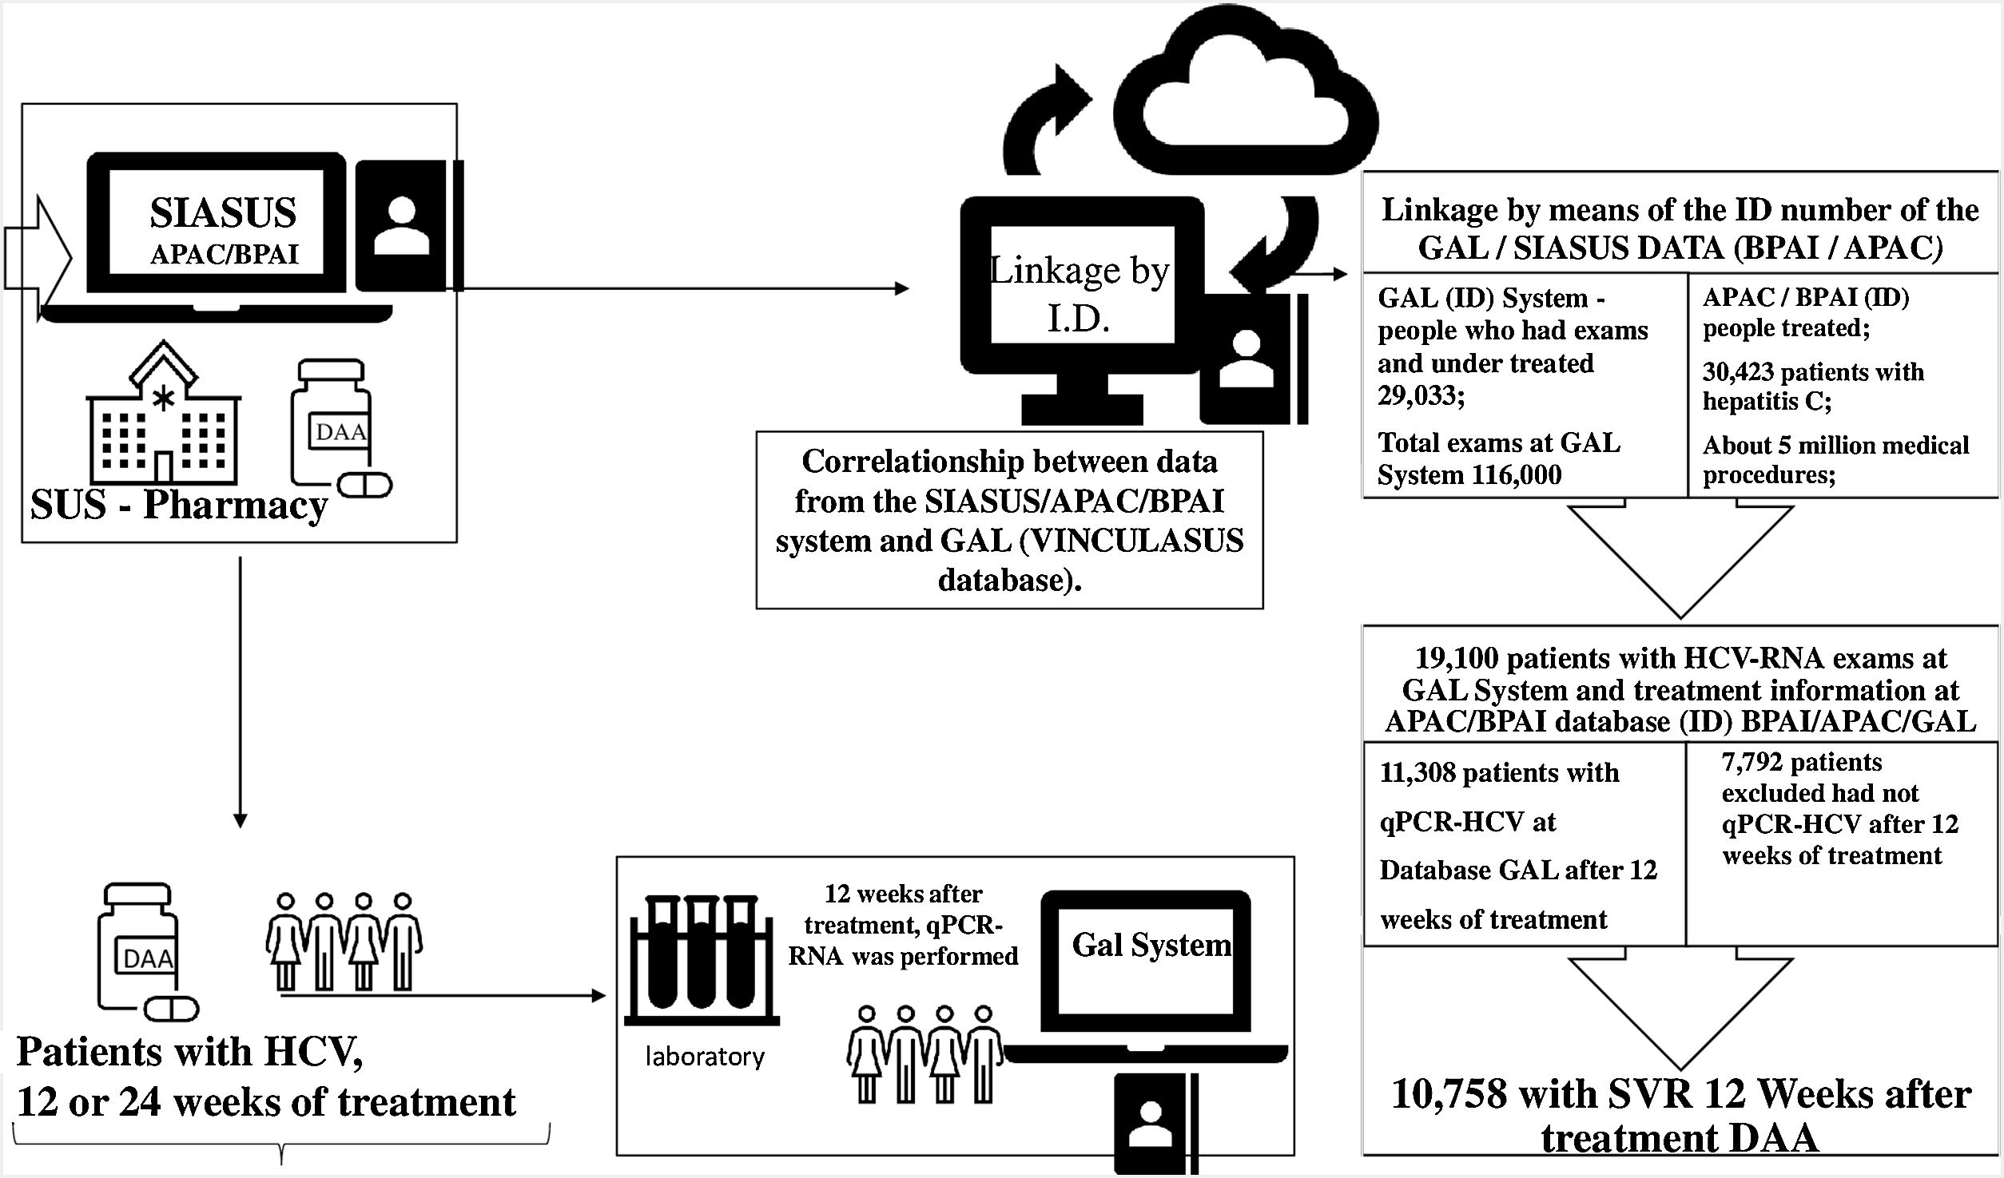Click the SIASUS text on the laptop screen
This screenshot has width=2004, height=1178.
(x=223, y=213)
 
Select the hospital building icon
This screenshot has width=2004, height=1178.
(x=163, y=415)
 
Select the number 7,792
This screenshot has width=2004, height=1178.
(x=1751, y=763)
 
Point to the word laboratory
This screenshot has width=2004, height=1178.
(x=705, y=1057)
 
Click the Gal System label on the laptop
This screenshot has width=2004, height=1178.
(x=1151, y=945)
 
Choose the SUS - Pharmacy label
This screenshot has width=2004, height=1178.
(x=179, y=506)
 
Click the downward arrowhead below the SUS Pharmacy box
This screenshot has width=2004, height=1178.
(x=240, y=820)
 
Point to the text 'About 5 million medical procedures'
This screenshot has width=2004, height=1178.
(x=1835, y=459)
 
